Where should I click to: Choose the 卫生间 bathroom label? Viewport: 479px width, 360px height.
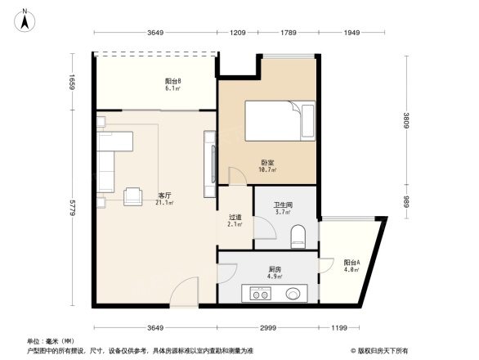[283, 208]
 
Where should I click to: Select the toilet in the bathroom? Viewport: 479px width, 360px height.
[298, 237]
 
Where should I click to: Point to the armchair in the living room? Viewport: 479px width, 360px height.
[132, 196]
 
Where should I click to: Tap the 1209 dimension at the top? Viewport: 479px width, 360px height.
[237, 33]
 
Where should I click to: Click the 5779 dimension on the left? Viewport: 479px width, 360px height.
[72, 209]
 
